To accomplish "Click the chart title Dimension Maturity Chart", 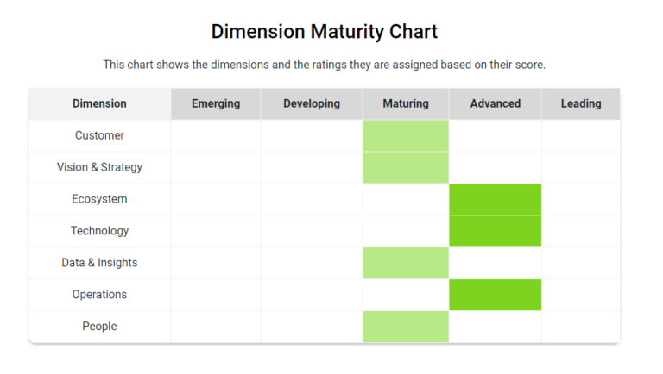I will [325, 32].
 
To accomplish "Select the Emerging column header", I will [216, 103].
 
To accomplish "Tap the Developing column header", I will [312, 103].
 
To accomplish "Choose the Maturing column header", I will [406, 103].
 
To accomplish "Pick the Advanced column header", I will [496, 103].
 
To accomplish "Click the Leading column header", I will [581, 103].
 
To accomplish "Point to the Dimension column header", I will [99, 103].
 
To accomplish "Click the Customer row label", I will [99, 135].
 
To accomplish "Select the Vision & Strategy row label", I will [99, 167].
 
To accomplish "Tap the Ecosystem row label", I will [99, 199].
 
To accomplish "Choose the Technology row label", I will [99, 231].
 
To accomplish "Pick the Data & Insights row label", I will [99, 263].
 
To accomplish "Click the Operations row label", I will [99, 295].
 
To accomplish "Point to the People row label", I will [99, 327].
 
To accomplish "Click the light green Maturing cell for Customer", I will [406, 135].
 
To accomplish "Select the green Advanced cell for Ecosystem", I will [496, 199].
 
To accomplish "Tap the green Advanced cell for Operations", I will [496, 295].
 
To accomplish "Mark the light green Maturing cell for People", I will [406, 327].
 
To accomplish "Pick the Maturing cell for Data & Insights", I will [406, 263].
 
